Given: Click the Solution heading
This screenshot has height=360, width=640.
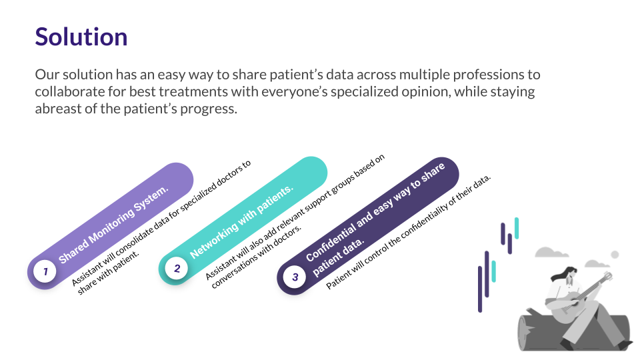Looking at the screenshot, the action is pyautogui.click(x=81, y=37).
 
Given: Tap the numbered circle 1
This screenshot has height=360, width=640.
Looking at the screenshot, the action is pyautogui.click(x=45, y=271).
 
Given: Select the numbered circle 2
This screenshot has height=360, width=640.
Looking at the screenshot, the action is pyautogui.click(x=176, y=268).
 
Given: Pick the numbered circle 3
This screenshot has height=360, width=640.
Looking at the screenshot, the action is pyautogui.click(x=295, y=277).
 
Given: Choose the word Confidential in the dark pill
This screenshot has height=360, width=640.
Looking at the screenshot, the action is pyautogui.click(x=331, y=243).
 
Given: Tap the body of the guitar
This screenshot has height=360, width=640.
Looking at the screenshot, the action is pyautogui.click(x=571, y=305).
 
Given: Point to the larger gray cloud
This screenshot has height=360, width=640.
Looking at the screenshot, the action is pyautogui.click(x=551, y=252).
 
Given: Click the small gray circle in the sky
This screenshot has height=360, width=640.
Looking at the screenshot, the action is pyautogui.click(x=615, y=255).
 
